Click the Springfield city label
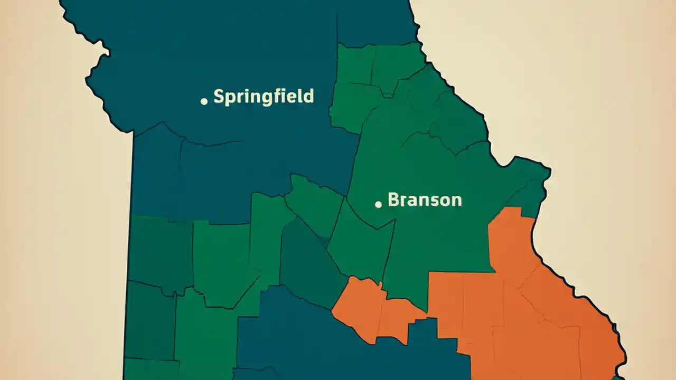point(264,97)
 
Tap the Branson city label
point(425,199)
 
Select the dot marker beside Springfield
point(204,101)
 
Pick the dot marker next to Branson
point(378,204)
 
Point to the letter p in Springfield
point(231,99)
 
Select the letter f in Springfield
point(276,96)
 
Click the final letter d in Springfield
point(308,96)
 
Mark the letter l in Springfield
point(298,96)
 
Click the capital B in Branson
point(394,199)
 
